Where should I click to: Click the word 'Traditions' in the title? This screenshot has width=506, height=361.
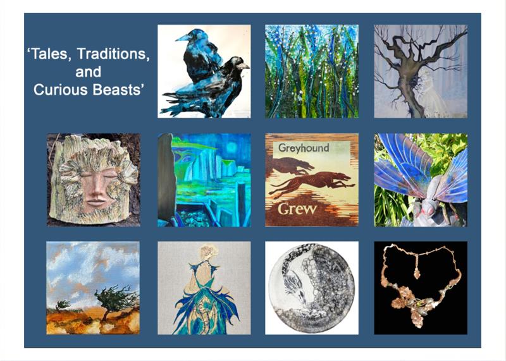coord(113,54)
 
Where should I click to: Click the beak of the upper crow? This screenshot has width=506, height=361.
coord(183,38)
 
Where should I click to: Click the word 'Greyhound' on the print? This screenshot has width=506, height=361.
coord(304,148)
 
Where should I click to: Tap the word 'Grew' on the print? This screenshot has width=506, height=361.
coord(297,209)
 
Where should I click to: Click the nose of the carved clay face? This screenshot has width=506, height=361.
coord(96,187)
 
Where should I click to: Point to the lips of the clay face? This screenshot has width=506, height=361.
coord(96,202)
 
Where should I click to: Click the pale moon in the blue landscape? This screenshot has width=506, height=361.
coord(231,148)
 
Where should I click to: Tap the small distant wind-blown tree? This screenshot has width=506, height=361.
coord(63,305)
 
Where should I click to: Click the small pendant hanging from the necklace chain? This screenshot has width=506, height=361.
coord(417,274)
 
